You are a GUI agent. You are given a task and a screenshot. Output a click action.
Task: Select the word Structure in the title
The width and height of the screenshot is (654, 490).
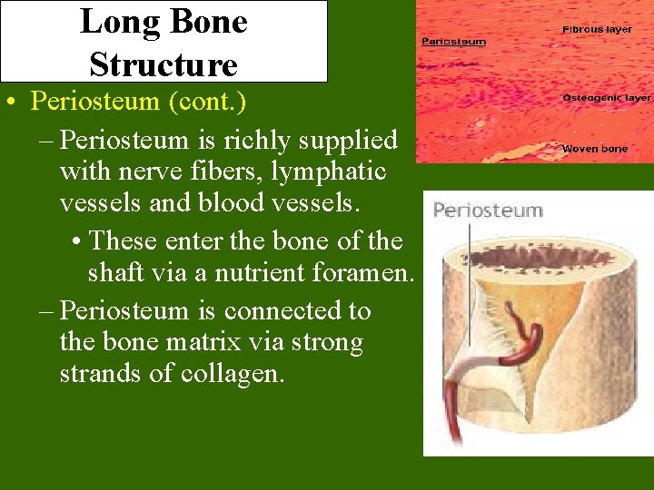tap(163, 64)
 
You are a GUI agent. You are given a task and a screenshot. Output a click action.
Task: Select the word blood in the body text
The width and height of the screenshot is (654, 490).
tap(278, 202)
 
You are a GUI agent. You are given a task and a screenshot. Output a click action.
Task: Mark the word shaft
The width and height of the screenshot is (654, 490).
tap(123, 272)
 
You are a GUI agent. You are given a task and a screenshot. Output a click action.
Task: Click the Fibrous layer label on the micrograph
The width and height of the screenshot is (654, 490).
tap(597, 30)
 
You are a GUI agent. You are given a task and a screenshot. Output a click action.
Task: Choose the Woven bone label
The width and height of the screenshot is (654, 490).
tap(594, 149)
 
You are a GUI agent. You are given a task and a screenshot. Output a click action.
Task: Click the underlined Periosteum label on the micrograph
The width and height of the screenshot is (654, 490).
tap(452, 42)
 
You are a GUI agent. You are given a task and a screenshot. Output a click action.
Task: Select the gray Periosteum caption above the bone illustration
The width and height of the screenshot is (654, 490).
tap(487, 211)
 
